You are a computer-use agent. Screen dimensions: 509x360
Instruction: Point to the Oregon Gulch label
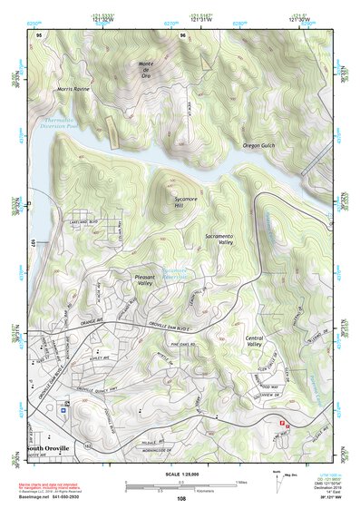[262, 145]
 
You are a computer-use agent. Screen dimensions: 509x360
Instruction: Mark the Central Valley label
[260, 341]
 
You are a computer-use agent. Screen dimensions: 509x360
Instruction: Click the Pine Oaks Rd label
[185, 346]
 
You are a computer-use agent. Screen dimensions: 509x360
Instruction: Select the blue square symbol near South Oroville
[63, 409]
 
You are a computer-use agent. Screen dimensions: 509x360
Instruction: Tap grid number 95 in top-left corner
[40, 34]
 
